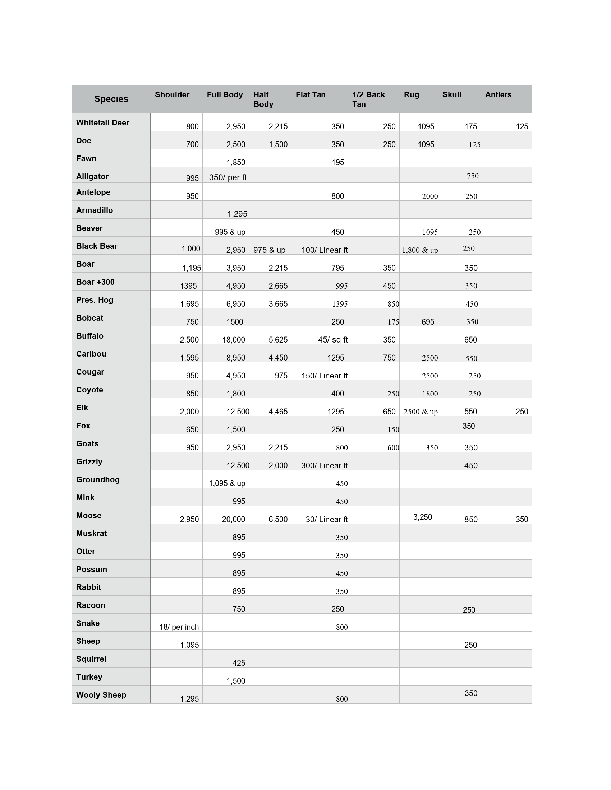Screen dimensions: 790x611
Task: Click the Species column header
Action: [111, 99]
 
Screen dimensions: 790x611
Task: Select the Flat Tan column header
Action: [311, 95]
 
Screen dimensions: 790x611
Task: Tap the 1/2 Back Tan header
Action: [368, 99]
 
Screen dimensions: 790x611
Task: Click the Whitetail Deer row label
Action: [102, 122]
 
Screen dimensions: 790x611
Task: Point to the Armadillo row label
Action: [95, 210]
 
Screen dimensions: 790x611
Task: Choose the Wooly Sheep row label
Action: [101, 695]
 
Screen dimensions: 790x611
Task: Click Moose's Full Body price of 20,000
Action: [234, 520]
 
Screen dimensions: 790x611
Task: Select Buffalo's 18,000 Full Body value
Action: [234, 340]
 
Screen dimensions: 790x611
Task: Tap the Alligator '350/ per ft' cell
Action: [228, 177]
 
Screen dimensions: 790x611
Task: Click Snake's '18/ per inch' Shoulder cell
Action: [179, 627]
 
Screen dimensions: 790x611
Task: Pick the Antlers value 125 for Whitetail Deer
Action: [522, 127]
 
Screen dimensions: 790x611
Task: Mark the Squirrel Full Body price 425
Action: [239, 663]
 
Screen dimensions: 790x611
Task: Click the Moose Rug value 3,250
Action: [422, 517]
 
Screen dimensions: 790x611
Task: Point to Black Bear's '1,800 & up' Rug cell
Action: [419, 250]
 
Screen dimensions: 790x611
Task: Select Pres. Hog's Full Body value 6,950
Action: [236, 304]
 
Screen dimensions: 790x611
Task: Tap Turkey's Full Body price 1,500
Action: [236, 681]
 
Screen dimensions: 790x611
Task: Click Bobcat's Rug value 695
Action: [427, 322]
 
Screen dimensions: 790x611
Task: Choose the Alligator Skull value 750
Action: [472, 176]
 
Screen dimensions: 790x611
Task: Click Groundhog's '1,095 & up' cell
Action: [227, 483]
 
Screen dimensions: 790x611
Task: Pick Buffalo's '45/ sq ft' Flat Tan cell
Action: [333, 340]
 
